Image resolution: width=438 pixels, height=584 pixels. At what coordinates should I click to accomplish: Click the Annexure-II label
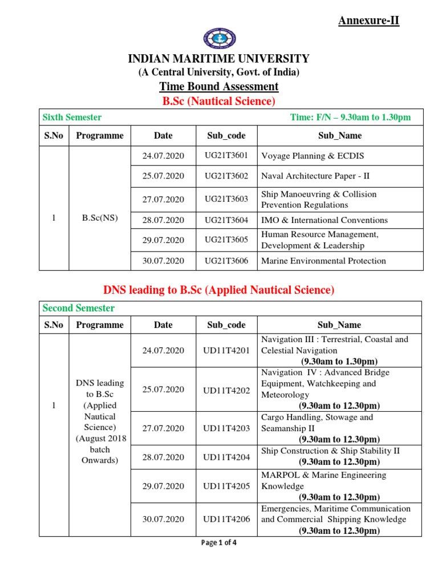(x=368, y=21)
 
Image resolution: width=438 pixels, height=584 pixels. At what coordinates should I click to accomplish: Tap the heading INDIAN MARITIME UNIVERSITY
(x=218, y=59)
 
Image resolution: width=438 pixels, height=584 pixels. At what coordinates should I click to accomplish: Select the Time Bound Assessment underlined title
(x=218, y=87)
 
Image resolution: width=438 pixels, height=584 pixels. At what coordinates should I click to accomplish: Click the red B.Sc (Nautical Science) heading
(x=218, y=102)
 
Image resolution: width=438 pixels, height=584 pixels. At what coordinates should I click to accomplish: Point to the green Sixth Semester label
(x=72, y=117)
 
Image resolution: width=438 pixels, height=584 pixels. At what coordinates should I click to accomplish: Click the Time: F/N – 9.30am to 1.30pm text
(x=350, y=117)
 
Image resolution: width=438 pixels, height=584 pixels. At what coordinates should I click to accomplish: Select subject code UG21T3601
(x=226, y=156)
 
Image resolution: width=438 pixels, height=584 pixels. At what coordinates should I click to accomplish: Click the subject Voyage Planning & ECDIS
(x=313, y=156)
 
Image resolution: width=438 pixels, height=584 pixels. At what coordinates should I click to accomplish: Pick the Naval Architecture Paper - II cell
(x=315, y=176)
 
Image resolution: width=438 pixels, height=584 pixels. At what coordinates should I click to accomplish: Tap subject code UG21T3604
(x=226, y=220)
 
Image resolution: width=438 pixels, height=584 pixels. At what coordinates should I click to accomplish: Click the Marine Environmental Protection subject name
(x=323, y=261)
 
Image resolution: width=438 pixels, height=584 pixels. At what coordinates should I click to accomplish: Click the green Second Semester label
(x=79, y=309)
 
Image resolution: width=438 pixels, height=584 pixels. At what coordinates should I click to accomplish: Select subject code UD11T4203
(x=226, y=428)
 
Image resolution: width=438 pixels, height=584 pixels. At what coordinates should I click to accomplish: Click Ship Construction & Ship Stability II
(x=330, y=451)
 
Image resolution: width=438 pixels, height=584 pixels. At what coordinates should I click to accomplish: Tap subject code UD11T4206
(x=226, y=520)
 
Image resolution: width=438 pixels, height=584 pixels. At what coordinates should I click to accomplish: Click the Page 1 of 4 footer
(x=219, y=543)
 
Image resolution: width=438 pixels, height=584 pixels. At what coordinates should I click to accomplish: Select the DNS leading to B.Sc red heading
(x=218, y=290)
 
